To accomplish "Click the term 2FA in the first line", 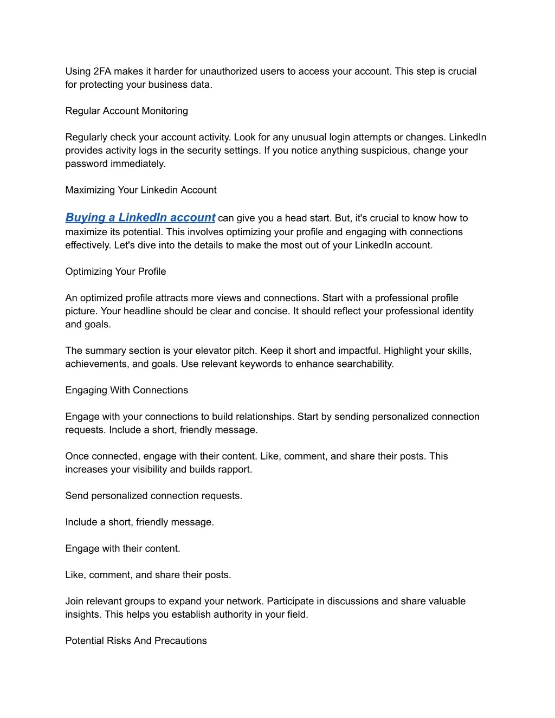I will [x=102, y=72].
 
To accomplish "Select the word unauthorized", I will [x=228, y=72].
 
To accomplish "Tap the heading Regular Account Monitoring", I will [x=126, y=111].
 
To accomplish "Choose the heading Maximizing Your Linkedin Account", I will [x=140, y=190].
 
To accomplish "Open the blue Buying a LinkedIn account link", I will [x=140, y=218].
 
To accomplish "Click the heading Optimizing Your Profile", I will [x=115, y=271].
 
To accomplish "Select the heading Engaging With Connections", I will [x=126, y=390].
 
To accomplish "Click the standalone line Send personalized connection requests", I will [x=153, y=496].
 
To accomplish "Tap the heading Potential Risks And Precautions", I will [x=136, y=641].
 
